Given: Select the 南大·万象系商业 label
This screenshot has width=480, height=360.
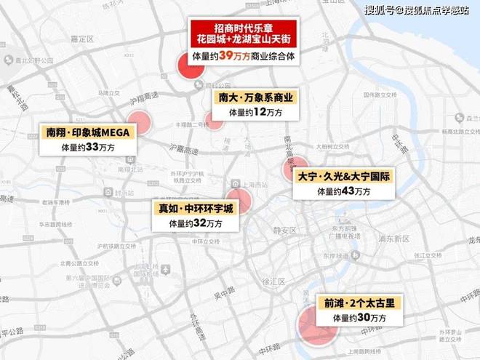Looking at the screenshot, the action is [247, 97].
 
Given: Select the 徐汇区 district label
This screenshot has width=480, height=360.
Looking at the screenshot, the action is [271, 280].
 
